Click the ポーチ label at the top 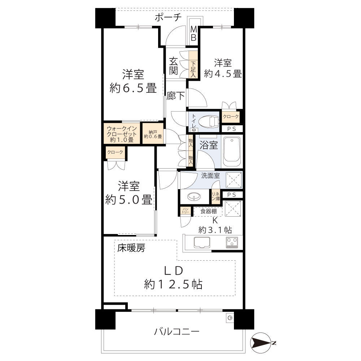point(168,17)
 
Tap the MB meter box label point(193,33)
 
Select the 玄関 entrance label point(174,66)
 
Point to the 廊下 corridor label point(176,96)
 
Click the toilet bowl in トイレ point(209,121)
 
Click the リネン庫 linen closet point(216,196)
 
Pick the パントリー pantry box point(186,210)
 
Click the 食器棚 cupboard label point(208,211)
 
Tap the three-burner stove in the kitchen point(232,243)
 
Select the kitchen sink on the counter point(202,243)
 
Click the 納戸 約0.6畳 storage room point(153,134)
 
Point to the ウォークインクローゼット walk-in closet point(122,134)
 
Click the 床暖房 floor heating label point(131,248)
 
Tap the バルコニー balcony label point(177,332)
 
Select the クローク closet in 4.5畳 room point(231,117)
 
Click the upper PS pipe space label point(232,129)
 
